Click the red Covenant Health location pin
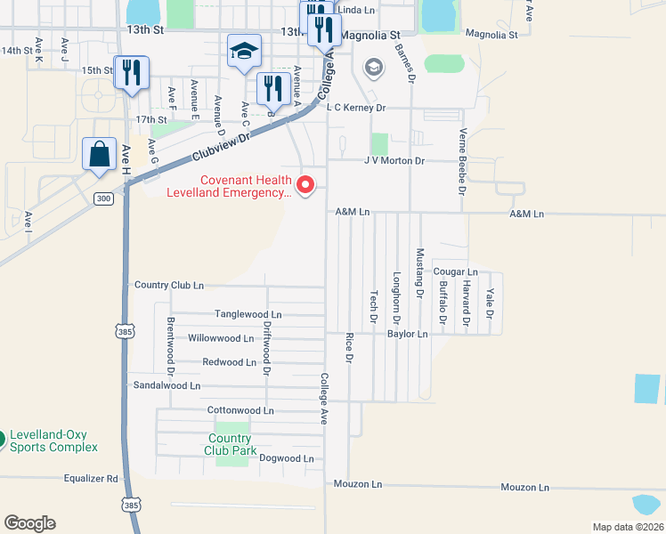[x=305, y=185]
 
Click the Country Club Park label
[x=230, y=444]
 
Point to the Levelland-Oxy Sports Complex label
[x=53, y=441]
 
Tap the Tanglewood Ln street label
[x=248, y=314]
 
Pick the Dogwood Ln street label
[x=287, y=458]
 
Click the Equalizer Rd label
[x=91, y=478]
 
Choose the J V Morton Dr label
[x=394, y=161]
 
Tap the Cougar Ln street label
[x=456, y=271]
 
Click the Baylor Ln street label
[x=408, y=334]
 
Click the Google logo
[x=29, y=522]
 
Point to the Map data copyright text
[x=628, y=527]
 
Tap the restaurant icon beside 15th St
[x=131, y=73]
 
